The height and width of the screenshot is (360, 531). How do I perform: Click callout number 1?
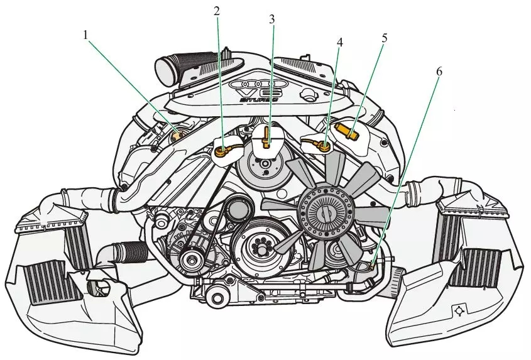point(85,35)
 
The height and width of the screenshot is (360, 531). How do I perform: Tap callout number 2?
point(217,11)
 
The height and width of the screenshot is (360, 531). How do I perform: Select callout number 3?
point(271,19)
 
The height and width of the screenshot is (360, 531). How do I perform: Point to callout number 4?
point(340,43)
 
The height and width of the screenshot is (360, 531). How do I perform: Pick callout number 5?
point(383,37)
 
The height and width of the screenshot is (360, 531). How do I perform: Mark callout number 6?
point(439,71)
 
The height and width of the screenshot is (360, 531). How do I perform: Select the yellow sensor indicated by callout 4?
point(323,146)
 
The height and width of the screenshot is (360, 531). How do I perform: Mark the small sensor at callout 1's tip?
point(177,133)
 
